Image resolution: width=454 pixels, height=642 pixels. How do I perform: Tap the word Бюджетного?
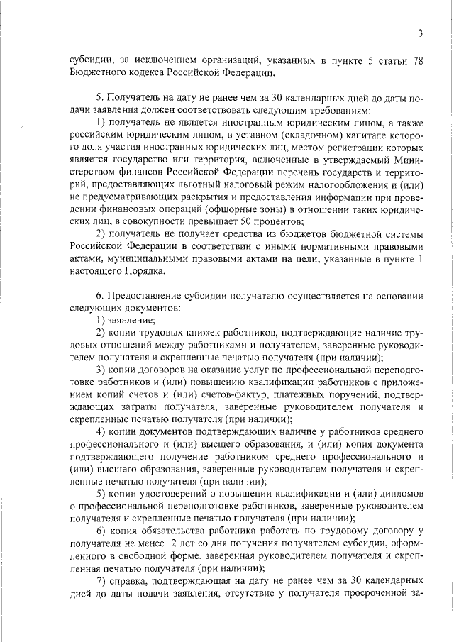coord(97,74)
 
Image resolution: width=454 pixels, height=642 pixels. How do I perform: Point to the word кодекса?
coord(151,74)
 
